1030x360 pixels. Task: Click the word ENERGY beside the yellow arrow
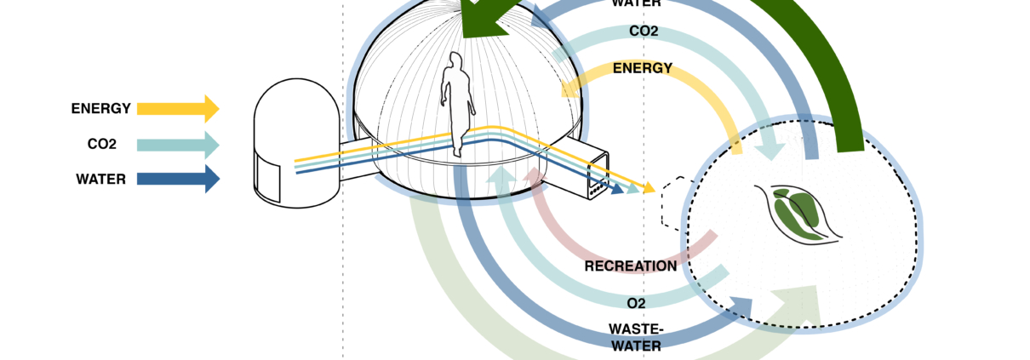[101, 109]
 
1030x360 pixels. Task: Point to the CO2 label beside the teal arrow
[101, 145]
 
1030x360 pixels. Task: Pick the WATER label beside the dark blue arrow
[101, 180]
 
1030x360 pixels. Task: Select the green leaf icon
[797, 214]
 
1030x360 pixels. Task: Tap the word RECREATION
[631, 266]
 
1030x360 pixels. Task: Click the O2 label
[636, 303]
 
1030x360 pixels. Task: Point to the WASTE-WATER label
[636, 337]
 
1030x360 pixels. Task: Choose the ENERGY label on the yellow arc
[643, 68]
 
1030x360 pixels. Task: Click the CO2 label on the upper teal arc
[644, 31]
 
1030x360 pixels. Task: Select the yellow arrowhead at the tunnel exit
[649, 186]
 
